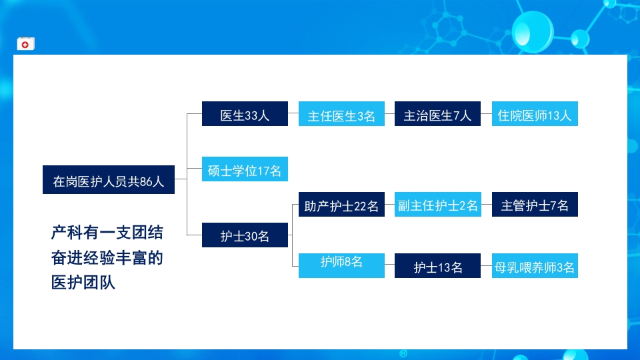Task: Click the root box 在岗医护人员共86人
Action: pyautogui.click(x=109, y=180)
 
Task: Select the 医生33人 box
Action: pyautogui.click(x=245, y=114)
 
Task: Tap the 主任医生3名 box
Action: pyautogui.click(x=341, y=115)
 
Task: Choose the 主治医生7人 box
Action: pyautogui.click(x=437, y=114)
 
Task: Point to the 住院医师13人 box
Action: pyautogui.click(x=535, y=114)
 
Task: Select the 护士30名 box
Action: pyautogui.click(x=245, y=235)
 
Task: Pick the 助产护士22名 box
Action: pyautogui.click(x=341, y=205)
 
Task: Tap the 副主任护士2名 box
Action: pyautogui.click(x=437, y=205)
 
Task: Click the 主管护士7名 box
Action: pyautogui.click(x=535, y=205)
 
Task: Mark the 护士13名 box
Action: pyautogui.click(x=437, y=266)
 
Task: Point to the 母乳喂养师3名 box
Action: pyautogui.click(x=535, y=266)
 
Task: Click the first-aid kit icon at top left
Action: pyautogui.click(x=25, y=44)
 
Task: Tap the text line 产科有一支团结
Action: pyautogui.click(x=107, y=233)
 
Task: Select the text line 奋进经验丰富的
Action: pyautogui.click(x=107, y=258)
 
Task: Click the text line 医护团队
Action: pyautogui.click(x=83, y=283)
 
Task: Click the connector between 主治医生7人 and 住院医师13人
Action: pyautogui.click(x=486, y=114)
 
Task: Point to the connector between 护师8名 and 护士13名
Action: pyautogui.click(x=389, y=266)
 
